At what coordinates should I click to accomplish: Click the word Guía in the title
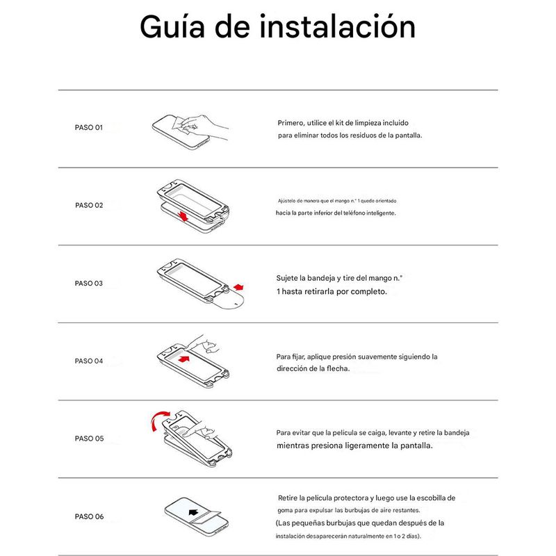pyautogui.click(x=172, y=27)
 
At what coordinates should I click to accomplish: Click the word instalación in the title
pyautogui.click(x=337, y=26)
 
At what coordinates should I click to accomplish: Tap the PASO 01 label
pyautogui.click(x=89, y=127)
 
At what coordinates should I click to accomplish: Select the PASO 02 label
pyautogui.click(x=89, y=205)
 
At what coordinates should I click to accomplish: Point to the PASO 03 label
pyautogui.click(x=89, y=284)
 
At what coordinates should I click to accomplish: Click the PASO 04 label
pyautogui.click(x=89, y=361)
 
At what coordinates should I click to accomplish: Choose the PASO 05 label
pyautogui.click(x=89, y=439)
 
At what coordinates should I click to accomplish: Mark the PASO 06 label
pyautogui.click(x=89, y=516)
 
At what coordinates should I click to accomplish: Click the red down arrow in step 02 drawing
pyautogui.click(x=183, y=216)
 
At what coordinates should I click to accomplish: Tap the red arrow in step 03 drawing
pyautogui.click(x=238, y=286)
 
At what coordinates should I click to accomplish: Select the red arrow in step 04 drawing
pyautogui.click(x=184, y=359)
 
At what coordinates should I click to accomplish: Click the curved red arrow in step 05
pyautogui.click(x=159, y=420)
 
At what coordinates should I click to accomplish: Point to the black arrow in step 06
pyautogui.click(x=193, y=512)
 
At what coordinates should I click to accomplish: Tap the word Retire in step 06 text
pyautogui.click(x=288, y=498)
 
